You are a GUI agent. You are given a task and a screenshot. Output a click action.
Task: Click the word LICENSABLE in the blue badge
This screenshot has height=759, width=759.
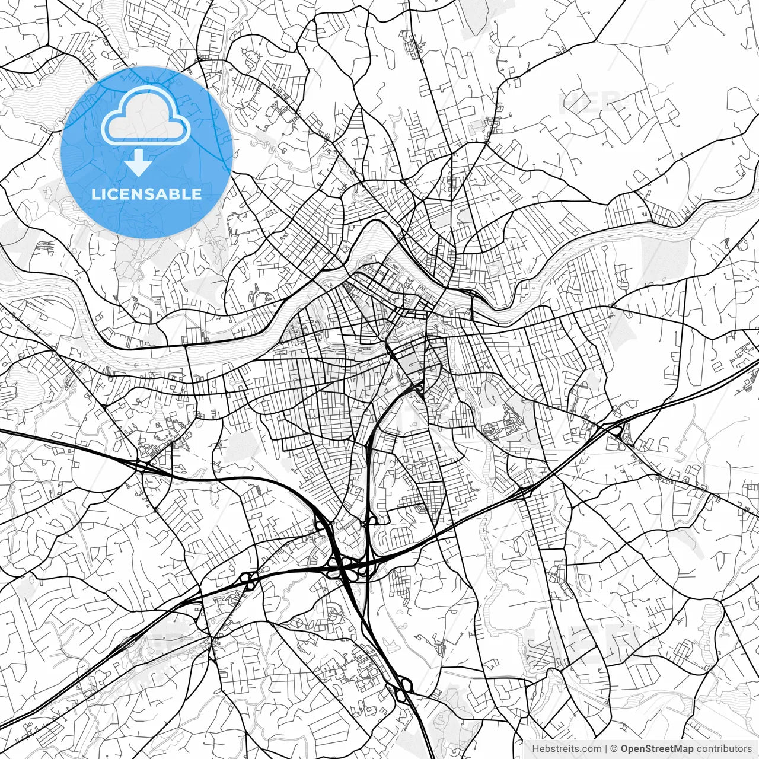point(146,194)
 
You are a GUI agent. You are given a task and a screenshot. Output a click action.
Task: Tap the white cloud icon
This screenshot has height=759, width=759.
point(146,116)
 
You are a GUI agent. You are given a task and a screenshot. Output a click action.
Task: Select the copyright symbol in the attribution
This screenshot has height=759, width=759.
point(615,748)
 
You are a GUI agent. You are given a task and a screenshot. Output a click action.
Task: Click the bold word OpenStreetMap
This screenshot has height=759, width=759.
point(657,748)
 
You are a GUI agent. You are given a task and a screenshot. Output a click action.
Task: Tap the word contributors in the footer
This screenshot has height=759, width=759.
point(724,748)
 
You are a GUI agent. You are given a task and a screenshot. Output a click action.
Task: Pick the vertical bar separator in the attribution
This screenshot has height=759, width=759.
point(606,748)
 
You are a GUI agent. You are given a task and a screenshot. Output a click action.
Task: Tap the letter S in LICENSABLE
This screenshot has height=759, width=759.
point(156,194)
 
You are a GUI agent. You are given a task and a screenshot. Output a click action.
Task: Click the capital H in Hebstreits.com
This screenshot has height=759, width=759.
point(535,748)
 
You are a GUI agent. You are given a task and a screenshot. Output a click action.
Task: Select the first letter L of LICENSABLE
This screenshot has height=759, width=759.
point(94,194)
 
